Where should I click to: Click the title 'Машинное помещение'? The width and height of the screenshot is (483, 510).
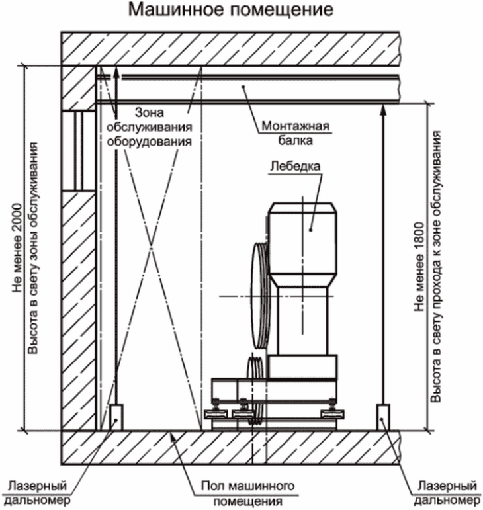tap(231, 10)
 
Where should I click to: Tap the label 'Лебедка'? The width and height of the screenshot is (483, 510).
tap(295, 166)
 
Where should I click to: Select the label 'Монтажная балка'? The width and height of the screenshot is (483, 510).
tap(295, 133)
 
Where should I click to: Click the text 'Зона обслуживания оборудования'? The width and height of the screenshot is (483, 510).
tap(150, 127)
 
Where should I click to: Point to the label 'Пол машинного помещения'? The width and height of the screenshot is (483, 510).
tap(247, 493)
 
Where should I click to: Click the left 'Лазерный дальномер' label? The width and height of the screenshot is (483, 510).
tap(38, 493)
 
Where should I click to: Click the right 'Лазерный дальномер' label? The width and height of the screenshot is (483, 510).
tap(447, 493)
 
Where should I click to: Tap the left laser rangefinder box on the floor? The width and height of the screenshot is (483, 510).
tap(116, 417)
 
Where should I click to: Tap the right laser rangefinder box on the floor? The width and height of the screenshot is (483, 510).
tap(383, 417)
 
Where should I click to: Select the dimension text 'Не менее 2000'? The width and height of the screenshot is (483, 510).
tap(17, 248)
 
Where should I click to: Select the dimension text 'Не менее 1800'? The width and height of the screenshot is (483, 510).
tap(419, 267)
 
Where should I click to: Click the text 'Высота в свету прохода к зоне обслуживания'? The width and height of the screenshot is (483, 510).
tap(436, 267)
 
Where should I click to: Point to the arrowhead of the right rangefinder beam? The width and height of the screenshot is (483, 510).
tap(383, 109)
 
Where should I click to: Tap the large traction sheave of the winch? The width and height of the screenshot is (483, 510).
tap(259, 296)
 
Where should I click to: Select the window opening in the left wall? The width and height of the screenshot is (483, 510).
tap(78, 151)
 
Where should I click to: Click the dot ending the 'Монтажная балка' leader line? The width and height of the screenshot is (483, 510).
tap(243, 87)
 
